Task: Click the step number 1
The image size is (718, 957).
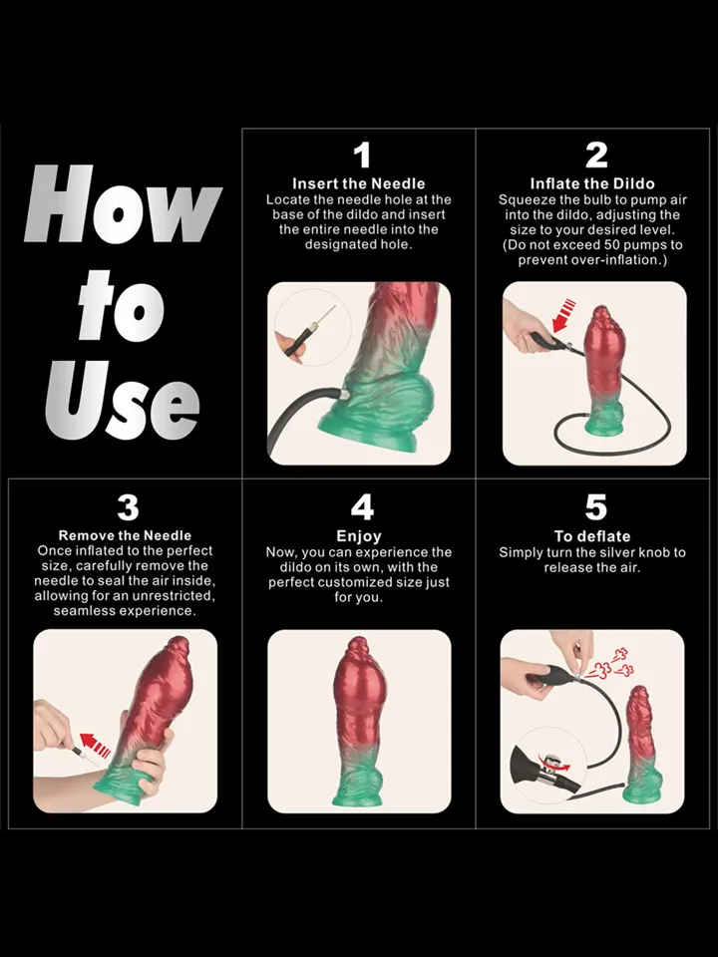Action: [361, 156]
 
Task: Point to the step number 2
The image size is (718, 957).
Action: [595, 156]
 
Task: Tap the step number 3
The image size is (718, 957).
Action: [128, 507]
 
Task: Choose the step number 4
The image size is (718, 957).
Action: [361, 507]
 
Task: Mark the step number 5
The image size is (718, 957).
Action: [595, 507]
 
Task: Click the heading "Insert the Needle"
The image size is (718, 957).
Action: [358, 183]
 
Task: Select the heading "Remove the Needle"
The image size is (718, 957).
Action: [125, 535]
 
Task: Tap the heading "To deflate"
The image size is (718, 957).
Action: [592, 536]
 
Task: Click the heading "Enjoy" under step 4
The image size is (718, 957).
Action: [359, 536]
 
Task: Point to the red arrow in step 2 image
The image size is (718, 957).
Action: [563, 315]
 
